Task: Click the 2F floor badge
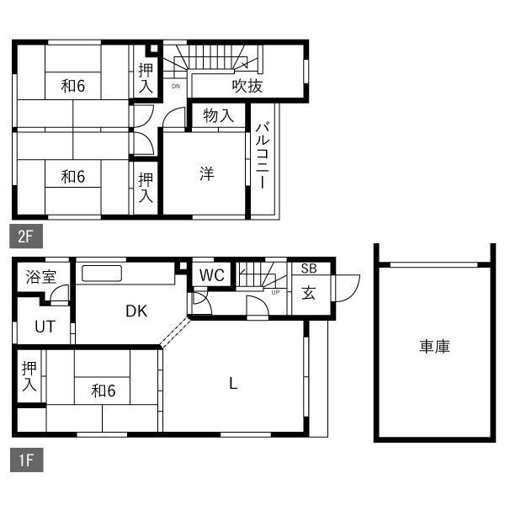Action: click(26, 236)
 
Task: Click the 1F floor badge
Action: click(26, 460)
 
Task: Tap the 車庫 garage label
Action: click(434, 347)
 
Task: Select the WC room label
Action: click(211, 275)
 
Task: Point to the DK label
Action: click(136, 311)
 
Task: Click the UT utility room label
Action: click(45, 327)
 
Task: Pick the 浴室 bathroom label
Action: click(41, 277)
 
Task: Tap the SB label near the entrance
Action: click(309, 268)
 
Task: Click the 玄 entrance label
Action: click(308, 293)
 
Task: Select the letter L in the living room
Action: click(233, 384)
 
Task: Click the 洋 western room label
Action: click(207, 173)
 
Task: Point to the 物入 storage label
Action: click(219, 115)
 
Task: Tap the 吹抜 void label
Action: click(247, 86)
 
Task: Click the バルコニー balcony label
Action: click(263, 155)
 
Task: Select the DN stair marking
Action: click(176, 86)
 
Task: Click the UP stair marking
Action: click(275, 292)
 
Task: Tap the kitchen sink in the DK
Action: click(102, 274)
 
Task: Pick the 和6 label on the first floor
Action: click(104, 391)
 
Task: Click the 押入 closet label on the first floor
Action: click(29, 376)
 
